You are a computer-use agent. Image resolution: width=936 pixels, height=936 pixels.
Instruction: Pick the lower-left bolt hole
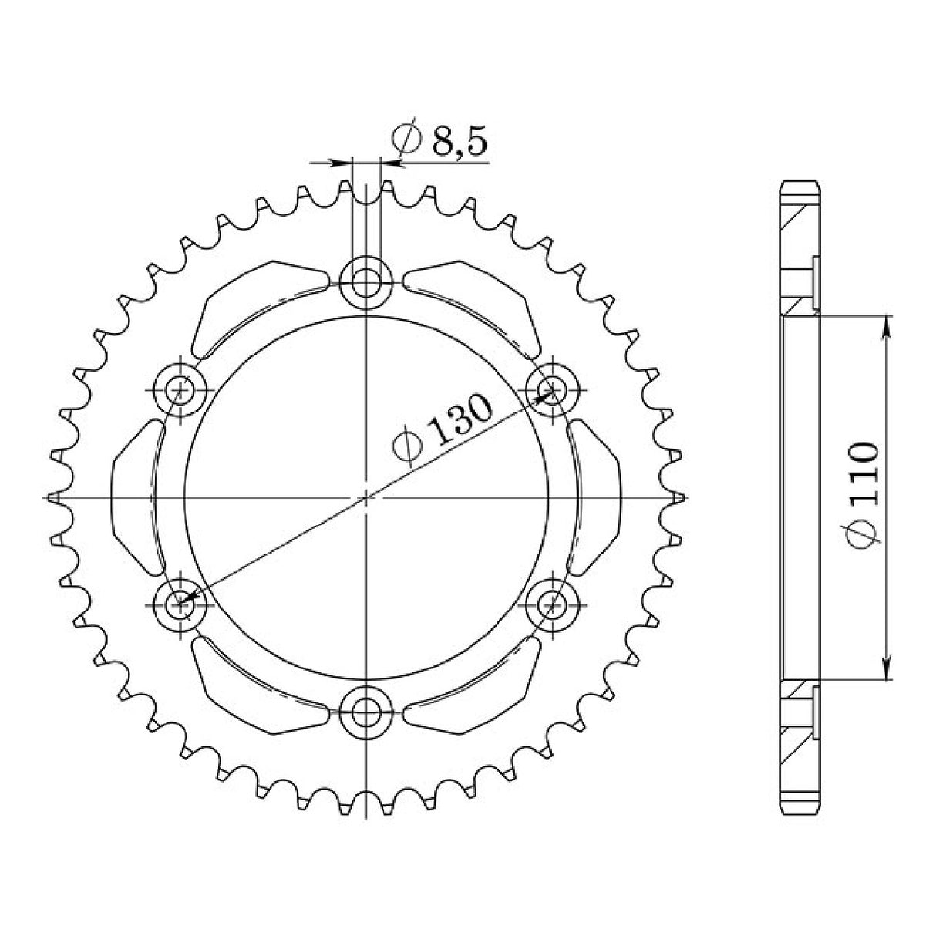[182, 602]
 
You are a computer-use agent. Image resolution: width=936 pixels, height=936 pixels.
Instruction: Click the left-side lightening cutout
[136, 497]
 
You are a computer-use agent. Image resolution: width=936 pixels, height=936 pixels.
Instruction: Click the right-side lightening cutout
[596, 497]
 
